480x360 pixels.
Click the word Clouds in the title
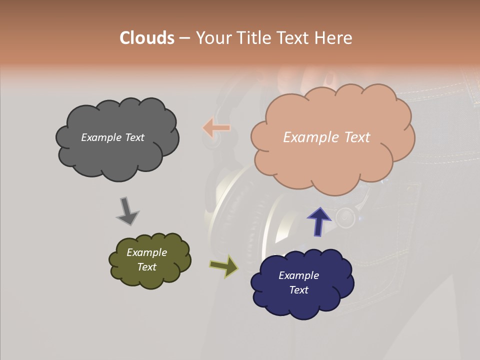click(146, 37)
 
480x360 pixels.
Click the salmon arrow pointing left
click(216, 128)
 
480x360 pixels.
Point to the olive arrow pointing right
click(223, 266)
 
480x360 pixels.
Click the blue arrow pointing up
click(318, 221)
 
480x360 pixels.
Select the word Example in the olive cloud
click(146, 252)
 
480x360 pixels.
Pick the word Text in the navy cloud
click(298, 290)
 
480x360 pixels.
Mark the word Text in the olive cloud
click(146, 267)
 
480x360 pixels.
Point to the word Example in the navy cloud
click(298, 275)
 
